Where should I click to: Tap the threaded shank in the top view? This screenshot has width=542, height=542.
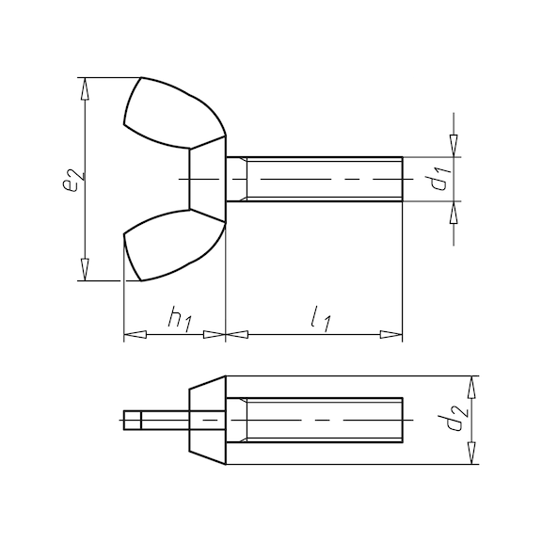click(320, 179)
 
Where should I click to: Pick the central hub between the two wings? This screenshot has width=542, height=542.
click(207, 179)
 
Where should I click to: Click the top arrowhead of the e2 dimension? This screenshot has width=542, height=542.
click(87, 86)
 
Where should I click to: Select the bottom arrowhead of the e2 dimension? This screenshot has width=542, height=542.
click(87, 271)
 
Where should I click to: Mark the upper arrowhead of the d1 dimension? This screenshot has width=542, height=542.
click(454, 147)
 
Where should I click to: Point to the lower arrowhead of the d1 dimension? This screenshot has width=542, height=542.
click(454, 211)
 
